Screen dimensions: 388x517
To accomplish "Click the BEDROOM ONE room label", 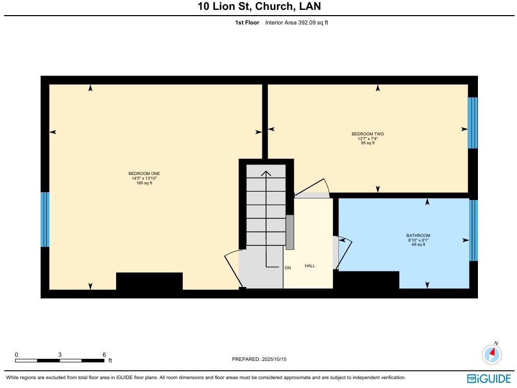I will pyautogui.click(x=143, y=173).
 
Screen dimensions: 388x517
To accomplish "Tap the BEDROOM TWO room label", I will pyautogui.click(x=368, y=134).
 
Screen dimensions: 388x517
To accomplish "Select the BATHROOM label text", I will pyautogui.click(x=418, y=235).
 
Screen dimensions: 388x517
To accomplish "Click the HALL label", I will pyautogui.click(x=310, y=266).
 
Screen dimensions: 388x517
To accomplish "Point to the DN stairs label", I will pyautogui.click(x=287, y=268).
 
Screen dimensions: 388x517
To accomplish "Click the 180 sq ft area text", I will pyautogui.click(x=144, y=183).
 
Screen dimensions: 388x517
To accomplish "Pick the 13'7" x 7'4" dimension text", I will pyautogui.click(x=368, y=139).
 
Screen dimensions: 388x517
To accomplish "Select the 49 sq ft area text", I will pyautogui.click(x=418, y=244).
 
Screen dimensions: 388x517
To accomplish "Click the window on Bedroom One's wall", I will pyautogui.click(x=45, y=219).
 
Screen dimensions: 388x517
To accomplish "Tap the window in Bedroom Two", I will pyautogui.click(x=472, y=122).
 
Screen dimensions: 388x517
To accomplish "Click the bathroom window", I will pyautogui.click(x=473, y=230).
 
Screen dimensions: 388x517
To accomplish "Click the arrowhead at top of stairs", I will pyautogui.click(x=266, y=174).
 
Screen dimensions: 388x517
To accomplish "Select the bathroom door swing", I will pyautogui.click(x=345, y=253).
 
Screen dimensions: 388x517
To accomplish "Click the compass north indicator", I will pyautogui.click(x=491, y=354).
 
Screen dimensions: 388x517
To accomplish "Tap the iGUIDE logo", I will pyautogui.click(x=489, y=378).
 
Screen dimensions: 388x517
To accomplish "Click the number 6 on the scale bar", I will pyautogui.click(x=104, y=354).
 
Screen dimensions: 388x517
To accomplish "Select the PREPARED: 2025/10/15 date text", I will pyautogui.click(x=259, y=359).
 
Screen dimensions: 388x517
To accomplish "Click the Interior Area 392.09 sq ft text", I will pyautogui.click(x=296, y=22).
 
